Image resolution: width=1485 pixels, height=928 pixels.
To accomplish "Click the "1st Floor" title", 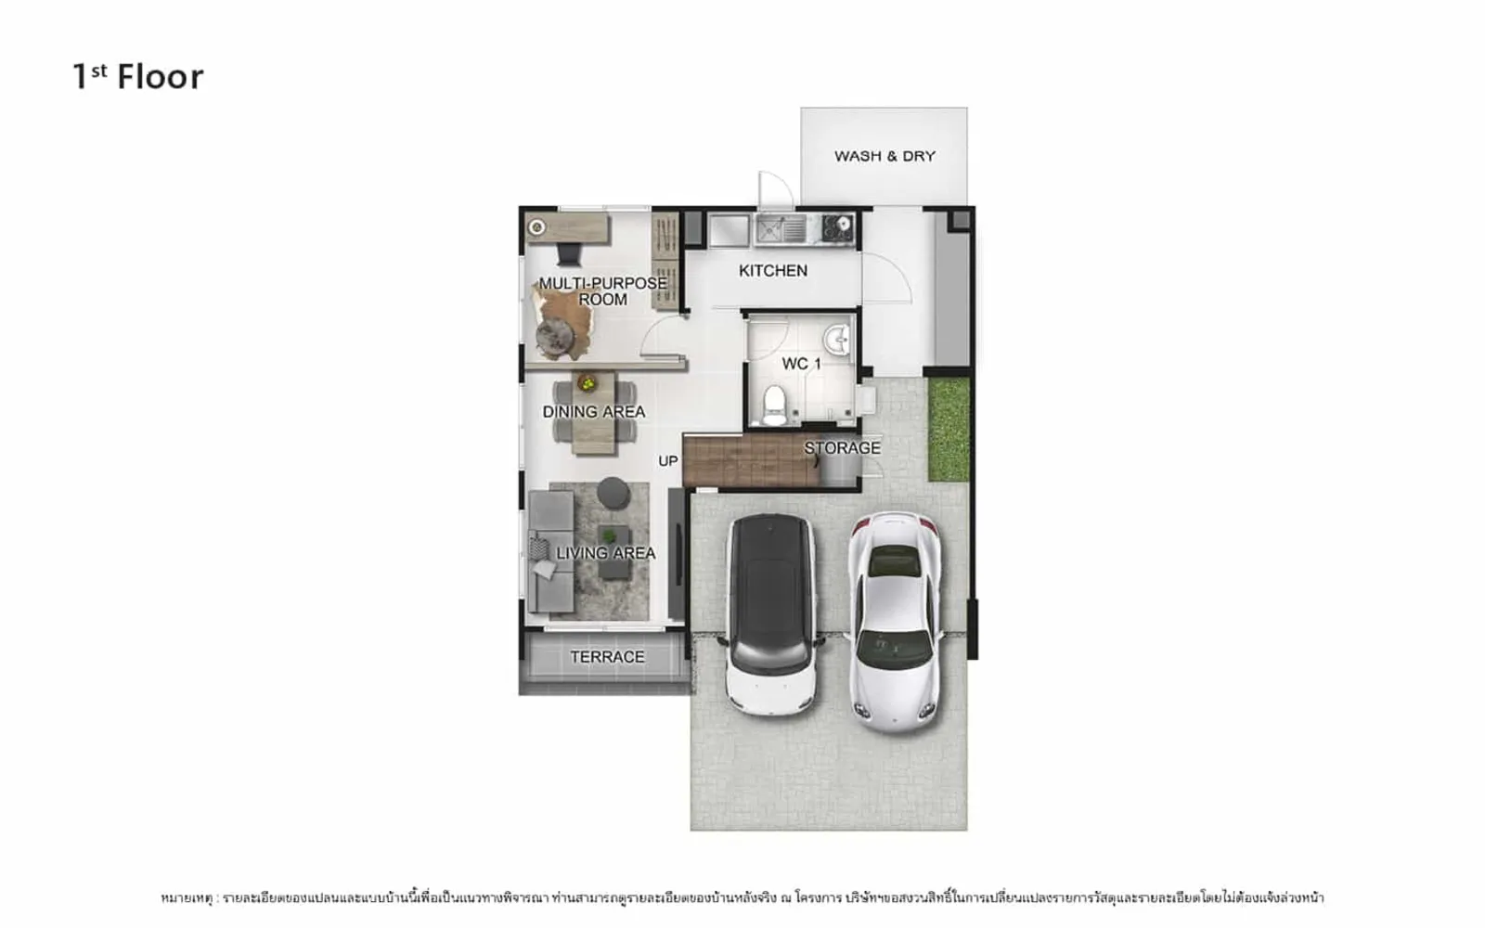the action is (x=138, y=77).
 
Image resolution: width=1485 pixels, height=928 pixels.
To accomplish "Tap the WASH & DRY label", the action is (x=885, y=157).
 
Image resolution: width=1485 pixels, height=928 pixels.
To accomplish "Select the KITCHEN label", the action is (x=773, y=270).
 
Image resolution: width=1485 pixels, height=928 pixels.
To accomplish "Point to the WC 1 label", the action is (x=802, y=364).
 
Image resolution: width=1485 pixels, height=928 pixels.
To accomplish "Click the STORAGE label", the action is (x=843, y=448).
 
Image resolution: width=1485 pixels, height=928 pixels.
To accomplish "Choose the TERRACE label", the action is (x=607, y=657).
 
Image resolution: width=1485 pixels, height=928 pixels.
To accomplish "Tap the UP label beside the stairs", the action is (x=667, y=460).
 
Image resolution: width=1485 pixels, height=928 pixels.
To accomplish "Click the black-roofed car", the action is (x=771, y=613).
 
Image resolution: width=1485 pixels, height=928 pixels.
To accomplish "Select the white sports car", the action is (x=896, y=622).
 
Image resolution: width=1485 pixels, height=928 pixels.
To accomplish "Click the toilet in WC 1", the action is (x=774, y=405).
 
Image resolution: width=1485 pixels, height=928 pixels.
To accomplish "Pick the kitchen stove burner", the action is (x=838, y=228).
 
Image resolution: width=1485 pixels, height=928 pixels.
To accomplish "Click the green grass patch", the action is (x=949, y=430).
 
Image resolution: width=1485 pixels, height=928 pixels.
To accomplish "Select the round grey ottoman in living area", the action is (x=613, y=493).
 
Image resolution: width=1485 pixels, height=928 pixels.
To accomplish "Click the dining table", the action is (x=595, y=412).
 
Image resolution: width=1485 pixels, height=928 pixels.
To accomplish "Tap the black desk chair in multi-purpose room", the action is (x=569, y=254).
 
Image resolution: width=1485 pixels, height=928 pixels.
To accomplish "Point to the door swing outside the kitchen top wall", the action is (x=776, y=188).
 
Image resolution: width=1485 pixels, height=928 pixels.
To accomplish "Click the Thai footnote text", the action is (x=742, y=897).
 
